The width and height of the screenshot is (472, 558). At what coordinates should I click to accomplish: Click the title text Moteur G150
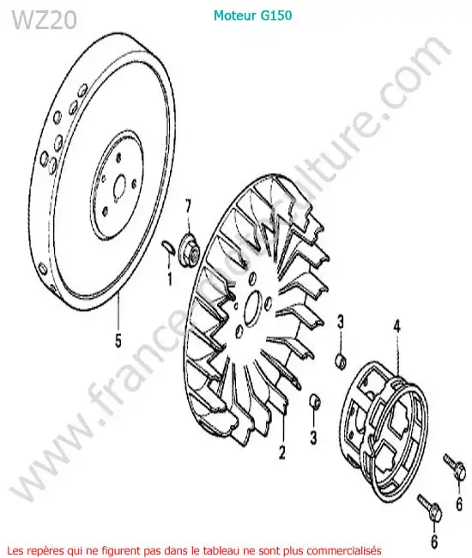[x=253, y=15]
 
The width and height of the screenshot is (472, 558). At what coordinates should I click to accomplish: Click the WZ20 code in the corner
[x=45, y=20]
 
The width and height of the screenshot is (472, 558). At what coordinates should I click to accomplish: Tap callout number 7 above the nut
[x=187, y=206]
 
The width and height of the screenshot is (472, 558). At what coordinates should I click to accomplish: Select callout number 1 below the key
[x=170, y=279]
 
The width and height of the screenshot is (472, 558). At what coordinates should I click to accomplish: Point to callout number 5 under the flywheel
[x=118, y=340]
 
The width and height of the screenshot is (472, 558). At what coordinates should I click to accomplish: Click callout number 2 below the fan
[x=281, y=452]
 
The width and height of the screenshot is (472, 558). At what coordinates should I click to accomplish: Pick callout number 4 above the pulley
[x=397, y=326]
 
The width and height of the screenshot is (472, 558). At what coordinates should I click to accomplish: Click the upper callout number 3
[x=341, y=323]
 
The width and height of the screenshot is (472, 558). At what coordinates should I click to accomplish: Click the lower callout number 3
[x=313, y=437]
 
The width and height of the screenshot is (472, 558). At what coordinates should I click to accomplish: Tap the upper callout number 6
[x=459, y=504]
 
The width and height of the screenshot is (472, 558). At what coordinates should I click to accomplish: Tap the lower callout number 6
[x=434, y=542]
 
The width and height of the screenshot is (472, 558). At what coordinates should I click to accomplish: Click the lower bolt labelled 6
[x=430, y=507]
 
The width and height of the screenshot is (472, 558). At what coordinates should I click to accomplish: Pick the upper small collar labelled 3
[x=341, y=361]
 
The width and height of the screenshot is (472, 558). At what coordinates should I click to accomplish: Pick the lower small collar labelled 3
[x=315, y=403]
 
